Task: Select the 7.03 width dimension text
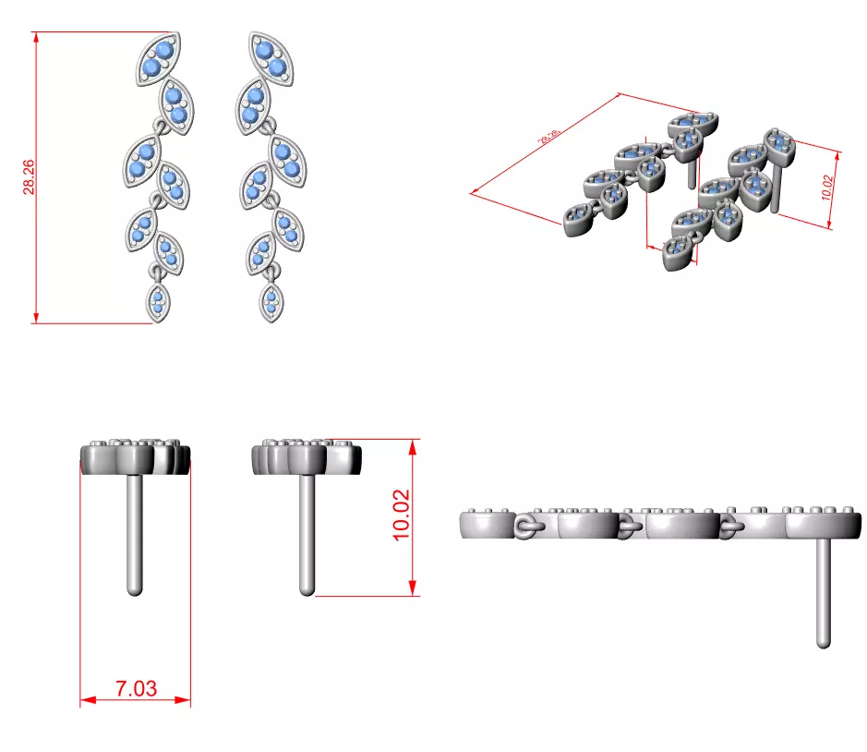pyautogui.click(x=136, y=688)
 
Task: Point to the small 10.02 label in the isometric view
pyautogui.click(x=826, y=188)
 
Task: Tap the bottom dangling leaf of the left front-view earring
pyautogui.click(x=158, y=301)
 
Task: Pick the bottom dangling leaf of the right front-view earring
pyautogui.click(x=271, y=301)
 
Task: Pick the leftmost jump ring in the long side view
pyautogui.click(x=526, y=528)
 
